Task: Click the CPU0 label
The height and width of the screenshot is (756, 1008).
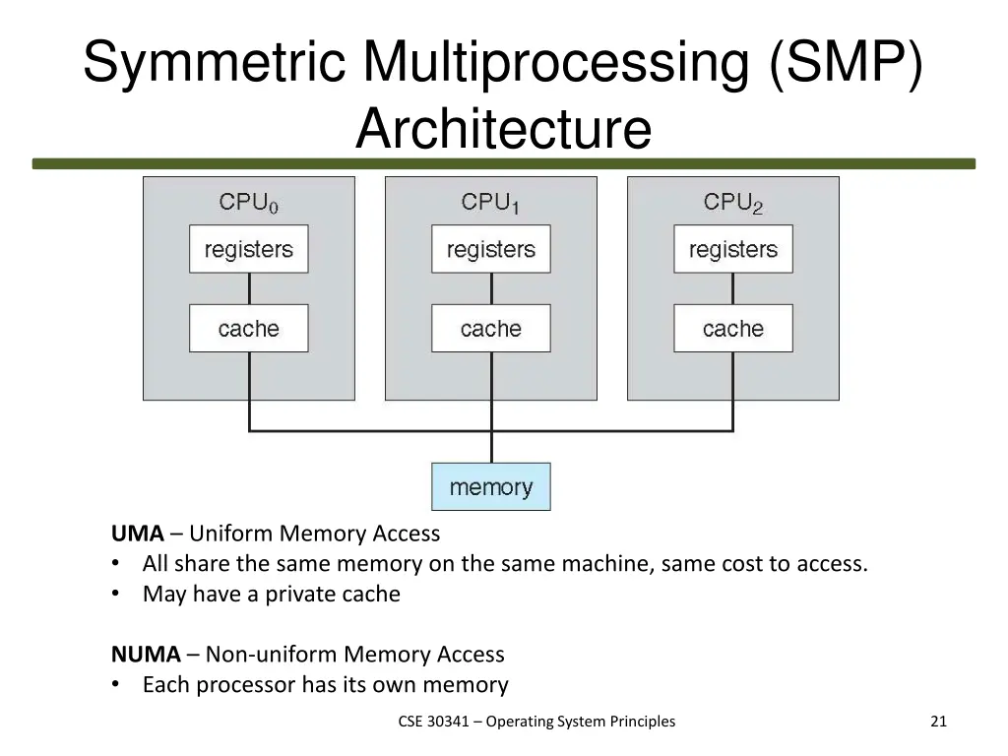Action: [248, 203]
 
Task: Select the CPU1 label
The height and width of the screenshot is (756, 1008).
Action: [490, 203]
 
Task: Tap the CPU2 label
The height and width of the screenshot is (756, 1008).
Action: [732, 203]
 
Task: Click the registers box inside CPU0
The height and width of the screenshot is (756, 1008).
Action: [248, 249]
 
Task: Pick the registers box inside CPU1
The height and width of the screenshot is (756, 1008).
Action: [490, 249]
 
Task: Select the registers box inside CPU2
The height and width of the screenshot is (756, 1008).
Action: [732, 249]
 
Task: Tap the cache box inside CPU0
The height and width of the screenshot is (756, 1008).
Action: [248, 329]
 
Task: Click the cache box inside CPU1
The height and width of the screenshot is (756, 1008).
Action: [490, 329]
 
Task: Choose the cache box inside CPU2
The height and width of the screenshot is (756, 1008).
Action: [732, 329]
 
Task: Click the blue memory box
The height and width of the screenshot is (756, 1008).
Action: [490, 487]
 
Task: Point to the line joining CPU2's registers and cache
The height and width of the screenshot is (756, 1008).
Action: [733, 289]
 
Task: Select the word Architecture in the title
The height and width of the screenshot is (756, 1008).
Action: [503, 129]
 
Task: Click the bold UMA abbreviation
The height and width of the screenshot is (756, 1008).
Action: [137, 534]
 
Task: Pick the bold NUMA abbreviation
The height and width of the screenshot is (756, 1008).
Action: [146, 655]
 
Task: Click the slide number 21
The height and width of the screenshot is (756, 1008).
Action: [938, 722]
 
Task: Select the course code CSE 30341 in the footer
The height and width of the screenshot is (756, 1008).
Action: [439, 722]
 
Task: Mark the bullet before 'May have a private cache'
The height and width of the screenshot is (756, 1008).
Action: [117, 595]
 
